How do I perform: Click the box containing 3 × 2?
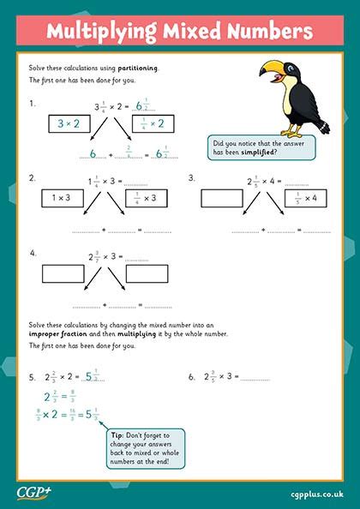coord(68,123)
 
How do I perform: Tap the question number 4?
coord(33,254)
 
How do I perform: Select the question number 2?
coord(33,178)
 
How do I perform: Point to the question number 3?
coord(191,178)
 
